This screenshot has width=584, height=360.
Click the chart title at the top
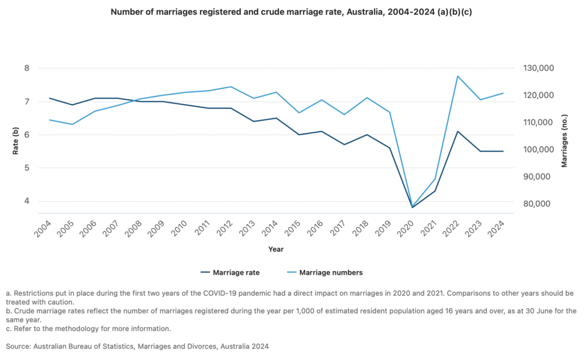click(x=291, y=13)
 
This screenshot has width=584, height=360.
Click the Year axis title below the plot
click(x=276, y=249)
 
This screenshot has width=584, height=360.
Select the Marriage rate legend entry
click(x=230, y=273)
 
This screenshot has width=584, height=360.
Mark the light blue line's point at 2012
click(x=230, y=87)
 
